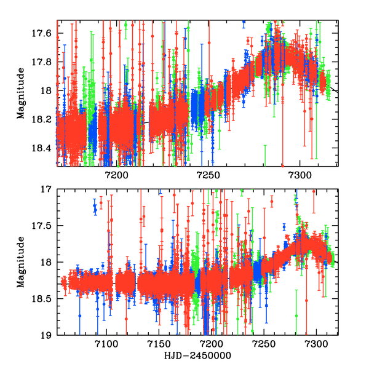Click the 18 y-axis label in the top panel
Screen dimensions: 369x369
pos(47,90)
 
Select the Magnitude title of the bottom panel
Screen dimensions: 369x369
pos(21,263)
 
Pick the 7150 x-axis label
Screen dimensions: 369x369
pos(159,345)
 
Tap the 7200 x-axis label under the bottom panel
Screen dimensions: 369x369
pos(211,345)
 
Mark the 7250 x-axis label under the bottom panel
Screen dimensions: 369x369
pos(264,345)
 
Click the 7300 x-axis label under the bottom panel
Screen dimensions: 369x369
pos(316,345)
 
